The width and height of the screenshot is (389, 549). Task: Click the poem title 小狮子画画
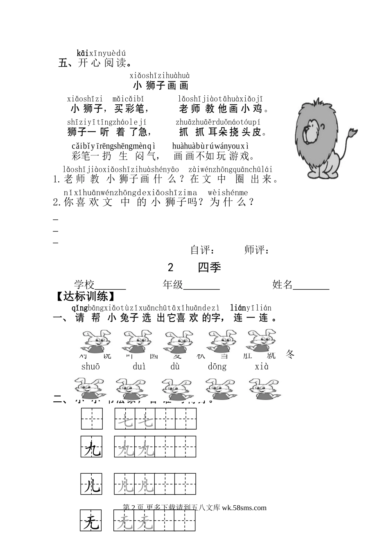coord(161,85)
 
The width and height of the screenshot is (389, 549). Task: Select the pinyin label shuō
coord(90,367)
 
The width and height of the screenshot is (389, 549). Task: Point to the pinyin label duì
coord(139,367)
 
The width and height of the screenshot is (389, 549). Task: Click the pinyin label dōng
coord(217,367)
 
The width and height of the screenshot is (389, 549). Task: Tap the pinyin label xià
coord(262,367)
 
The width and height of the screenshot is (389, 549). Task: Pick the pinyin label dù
coord(175,367)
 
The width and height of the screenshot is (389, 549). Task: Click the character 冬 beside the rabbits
coord(290,354)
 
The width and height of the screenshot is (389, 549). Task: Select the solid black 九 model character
coord(92,450)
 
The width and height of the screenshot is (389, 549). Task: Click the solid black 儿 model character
coord(92,486)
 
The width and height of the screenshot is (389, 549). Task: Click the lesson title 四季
coord(209,267)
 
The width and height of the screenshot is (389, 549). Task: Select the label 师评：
coord(257,250)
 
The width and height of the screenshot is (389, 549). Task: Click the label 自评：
coord(203,250)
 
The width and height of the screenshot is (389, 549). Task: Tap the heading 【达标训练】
coord(85,296)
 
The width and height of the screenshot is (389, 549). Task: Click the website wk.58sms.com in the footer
coord(244,508)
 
